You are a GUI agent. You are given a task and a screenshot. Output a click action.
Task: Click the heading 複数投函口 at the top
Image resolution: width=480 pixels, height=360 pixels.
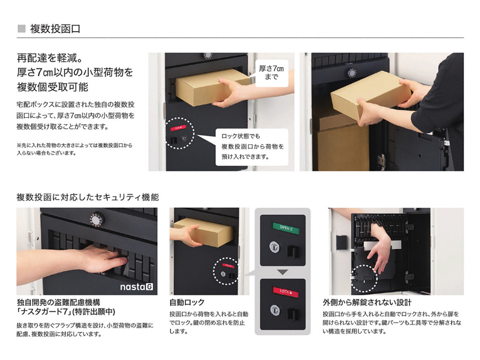pos(55,29)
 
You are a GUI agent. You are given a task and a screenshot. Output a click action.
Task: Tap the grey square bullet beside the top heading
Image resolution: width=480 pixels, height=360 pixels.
pos(22,29)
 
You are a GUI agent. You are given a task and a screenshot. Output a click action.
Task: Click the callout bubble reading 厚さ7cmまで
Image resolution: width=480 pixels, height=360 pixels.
pos(271,73)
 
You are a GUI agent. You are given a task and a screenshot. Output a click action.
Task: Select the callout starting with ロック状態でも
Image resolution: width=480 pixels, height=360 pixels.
pos(252,147)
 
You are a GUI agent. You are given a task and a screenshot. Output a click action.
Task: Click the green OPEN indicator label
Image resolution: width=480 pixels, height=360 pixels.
pos(285,228)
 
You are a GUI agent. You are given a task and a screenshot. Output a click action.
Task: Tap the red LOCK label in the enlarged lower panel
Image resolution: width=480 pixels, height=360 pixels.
pos(286,292)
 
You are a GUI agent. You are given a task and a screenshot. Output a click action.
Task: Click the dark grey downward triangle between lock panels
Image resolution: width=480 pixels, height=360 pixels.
pos(282,272)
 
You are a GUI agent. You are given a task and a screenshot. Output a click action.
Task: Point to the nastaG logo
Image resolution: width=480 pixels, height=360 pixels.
pos(137,287)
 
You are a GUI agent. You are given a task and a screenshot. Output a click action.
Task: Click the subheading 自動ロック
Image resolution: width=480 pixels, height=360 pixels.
pos(187,302)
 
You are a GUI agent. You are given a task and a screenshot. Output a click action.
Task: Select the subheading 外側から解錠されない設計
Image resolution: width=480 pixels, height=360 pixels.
pos(367,302)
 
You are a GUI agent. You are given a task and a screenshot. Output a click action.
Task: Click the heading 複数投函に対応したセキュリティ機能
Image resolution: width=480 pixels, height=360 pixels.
pos(88,197)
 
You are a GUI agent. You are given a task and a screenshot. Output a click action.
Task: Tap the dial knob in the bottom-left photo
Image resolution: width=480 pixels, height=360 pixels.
pos(97,220)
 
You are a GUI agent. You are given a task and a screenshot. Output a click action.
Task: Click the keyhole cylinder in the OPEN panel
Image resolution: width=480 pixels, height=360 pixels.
pos(274,246)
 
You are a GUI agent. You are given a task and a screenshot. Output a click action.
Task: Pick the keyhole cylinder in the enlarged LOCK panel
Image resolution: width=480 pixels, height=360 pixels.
pos(275,310)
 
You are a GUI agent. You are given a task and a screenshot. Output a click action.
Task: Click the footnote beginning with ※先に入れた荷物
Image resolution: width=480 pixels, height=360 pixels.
pos(74,149)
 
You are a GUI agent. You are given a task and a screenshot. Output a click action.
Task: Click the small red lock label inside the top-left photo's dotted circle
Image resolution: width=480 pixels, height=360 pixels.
pos(178,128)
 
